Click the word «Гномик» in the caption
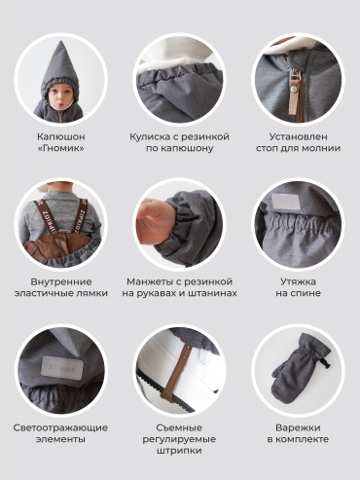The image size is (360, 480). coord(61,148)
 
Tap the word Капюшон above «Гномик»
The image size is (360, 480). coord(61,136)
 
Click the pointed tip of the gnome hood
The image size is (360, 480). coord(60,41)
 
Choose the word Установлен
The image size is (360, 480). coord(298,136)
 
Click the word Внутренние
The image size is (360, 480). coord(61,281)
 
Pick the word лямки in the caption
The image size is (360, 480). coord(92,293)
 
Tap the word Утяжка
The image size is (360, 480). coord(298,281)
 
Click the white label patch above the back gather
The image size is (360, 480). coord(285,203)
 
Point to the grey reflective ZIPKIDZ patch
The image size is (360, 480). coord(62,367)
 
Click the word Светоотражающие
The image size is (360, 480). coord(60,427)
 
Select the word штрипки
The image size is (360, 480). coord(179,451)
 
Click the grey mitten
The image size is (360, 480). coord(299,367)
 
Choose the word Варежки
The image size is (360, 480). coord(298,427)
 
